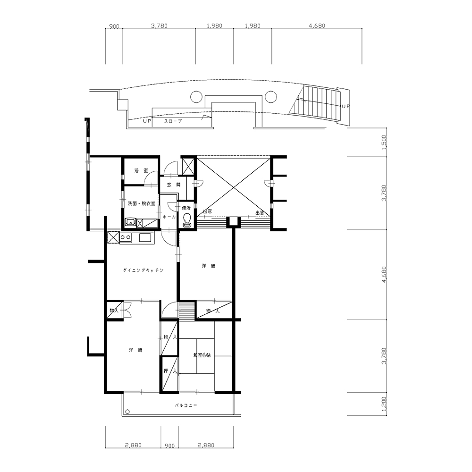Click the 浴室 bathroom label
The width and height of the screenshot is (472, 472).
(141, 171)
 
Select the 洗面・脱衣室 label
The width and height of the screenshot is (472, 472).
(142, 203)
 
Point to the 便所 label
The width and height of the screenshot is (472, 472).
(186, 208)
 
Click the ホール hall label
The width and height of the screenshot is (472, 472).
(169, 217)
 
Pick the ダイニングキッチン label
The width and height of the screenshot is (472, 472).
(143, 270)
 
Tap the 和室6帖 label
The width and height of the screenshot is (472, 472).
(202, 355)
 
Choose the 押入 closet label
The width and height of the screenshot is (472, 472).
(170, 371)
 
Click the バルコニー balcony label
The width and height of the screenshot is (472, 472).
(186, 405)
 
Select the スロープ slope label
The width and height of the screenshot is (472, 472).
(173, 121)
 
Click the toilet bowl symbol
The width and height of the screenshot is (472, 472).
(187, 219)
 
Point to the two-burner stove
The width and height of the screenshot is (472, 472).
(125, 237)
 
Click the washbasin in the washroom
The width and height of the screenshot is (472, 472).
(130, 223)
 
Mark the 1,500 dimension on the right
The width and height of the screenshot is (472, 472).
(384, 142)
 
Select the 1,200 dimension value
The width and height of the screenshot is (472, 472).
(384, 404)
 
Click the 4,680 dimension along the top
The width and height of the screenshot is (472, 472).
(317, 26)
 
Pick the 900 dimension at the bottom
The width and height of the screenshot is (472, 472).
(169, 446)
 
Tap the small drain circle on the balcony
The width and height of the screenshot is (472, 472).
(127, 412)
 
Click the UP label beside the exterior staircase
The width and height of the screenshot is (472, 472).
(346, 106)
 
